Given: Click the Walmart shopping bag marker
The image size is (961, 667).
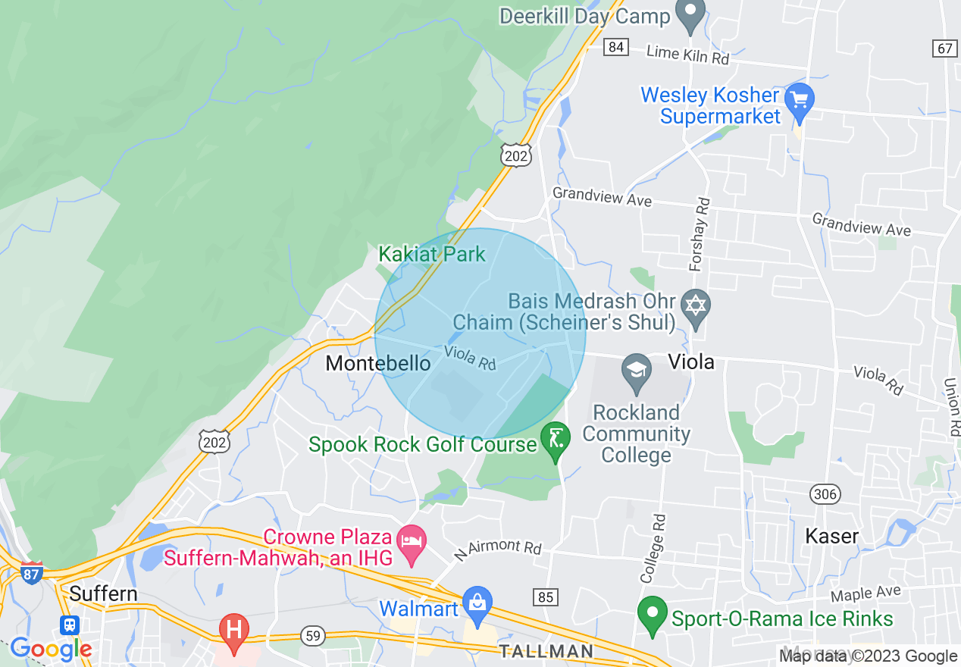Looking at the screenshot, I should pyautogui.click(x=477, y=604).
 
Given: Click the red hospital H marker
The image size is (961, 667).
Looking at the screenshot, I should pyautogui.click(x=233, y=631).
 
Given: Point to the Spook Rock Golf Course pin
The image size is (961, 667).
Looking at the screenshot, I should pyautogui.click(x=556, y=440).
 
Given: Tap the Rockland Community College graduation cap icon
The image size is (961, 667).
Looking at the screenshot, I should pyautogui.click(x=636, y=371).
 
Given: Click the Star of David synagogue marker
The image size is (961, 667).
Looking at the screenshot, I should pyautogui.click(x=694, y=305).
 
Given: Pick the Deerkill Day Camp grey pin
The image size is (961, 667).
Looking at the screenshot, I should pyautogui.click(x=690, y=14).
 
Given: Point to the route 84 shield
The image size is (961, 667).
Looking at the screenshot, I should pyautogui.click(x=616, y=47).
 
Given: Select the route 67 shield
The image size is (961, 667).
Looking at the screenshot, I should pyautogui.click(x=944, y=48).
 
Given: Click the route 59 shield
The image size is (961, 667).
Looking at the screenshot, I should pyautogui.click(x=312, y=634).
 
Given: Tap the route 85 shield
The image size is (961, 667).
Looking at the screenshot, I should pyautogui.click(x=546, y=597).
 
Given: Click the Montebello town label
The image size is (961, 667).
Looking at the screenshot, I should pyautogui.click(x=377, y=363).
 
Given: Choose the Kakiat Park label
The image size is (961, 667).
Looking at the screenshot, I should pyautogui.click(x=432, y=254).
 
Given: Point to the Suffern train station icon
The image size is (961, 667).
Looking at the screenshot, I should pyautogui.click(x=70, y=625).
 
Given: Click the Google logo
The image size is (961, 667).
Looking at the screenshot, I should pyautogui.click(x=52, y=649).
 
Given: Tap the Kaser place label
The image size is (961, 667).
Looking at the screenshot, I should pyautogui.click(x=832, y=536).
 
